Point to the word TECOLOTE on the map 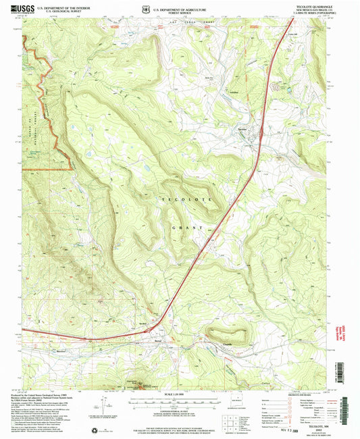[186, 201]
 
